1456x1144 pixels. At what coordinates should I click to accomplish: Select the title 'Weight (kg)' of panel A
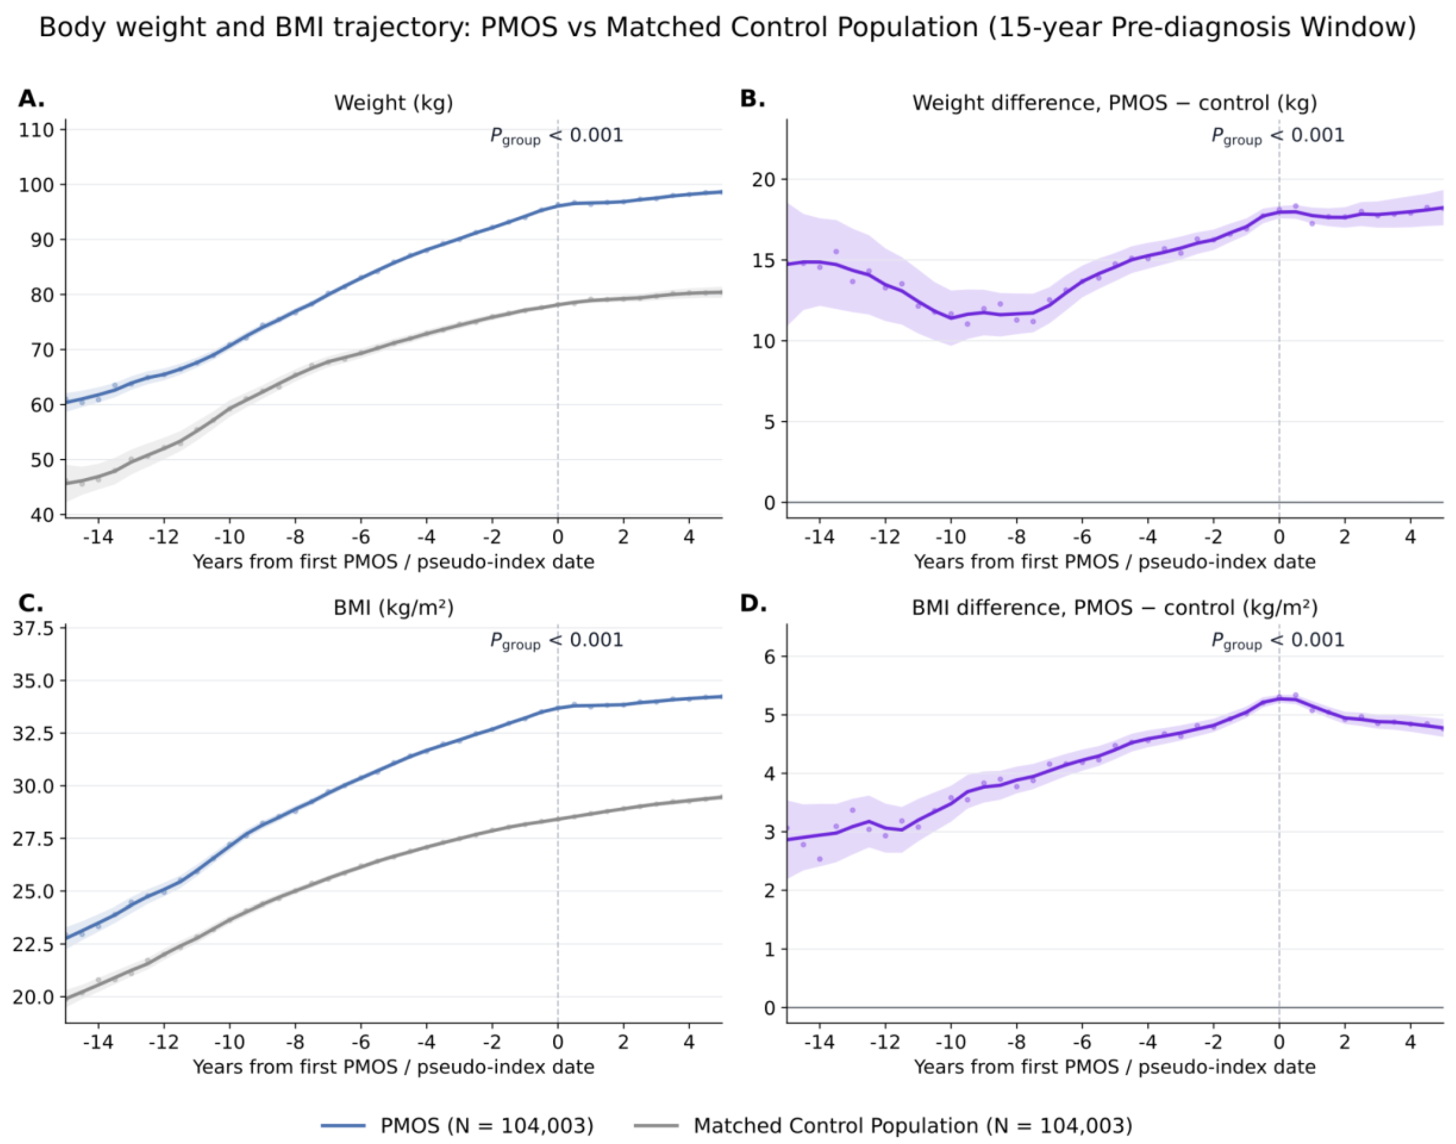[394, 103]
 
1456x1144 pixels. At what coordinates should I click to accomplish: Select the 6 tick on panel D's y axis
[770, 656]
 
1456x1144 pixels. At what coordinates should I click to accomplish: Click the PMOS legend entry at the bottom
[457, 1125]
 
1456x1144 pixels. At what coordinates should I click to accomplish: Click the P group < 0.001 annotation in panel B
[1278, 136]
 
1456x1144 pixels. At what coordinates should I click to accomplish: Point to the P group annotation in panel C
[556, 641]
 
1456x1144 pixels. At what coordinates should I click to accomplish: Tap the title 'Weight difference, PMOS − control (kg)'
[1115, 103]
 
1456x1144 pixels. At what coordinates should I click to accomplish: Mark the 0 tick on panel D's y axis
[770, 1008]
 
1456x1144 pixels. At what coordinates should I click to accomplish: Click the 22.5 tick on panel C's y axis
[33, 944]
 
